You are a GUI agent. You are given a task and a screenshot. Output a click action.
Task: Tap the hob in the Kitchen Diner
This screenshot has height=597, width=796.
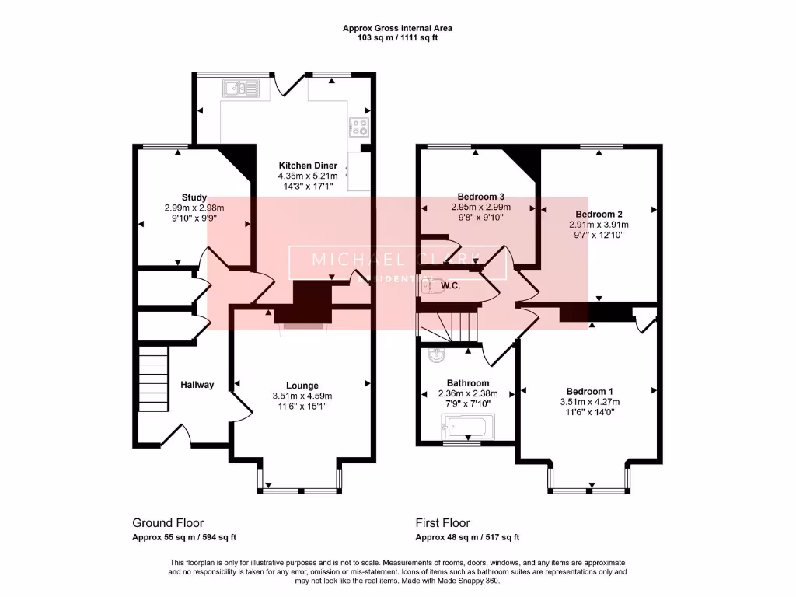pos(358,126)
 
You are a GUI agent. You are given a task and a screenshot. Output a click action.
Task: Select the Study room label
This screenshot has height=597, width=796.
pos(194,197)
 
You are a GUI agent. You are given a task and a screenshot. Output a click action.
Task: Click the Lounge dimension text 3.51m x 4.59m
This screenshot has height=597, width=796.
pos(302,396)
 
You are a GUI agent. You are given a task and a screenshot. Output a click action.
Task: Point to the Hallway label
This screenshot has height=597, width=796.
pos(197,385)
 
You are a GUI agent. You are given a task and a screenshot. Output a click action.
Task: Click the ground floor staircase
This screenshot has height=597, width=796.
pos(153,379)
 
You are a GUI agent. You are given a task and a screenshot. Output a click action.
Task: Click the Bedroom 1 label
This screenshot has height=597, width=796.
pos(589,391)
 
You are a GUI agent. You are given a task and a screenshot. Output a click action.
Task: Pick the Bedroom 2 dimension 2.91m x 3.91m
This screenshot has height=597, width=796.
pos(599,225)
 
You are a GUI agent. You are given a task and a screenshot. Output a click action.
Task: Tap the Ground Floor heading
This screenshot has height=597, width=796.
pos(168,523)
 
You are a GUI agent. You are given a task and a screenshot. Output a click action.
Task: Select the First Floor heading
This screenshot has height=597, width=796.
pos(443,523)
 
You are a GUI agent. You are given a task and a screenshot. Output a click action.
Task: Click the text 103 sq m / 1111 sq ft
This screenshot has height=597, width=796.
pos(397,37)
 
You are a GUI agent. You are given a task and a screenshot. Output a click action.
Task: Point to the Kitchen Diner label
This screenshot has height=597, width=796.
pos(309,166)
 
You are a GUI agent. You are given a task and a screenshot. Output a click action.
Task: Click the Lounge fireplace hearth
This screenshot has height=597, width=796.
pos(303,326)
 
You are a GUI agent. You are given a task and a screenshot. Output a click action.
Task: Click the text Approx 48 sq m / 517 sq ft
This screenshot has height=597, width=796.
pos(467,537)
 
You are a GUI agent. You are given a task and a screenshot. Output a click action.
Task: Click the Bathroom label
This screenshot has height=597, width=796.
pos(468,383)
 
